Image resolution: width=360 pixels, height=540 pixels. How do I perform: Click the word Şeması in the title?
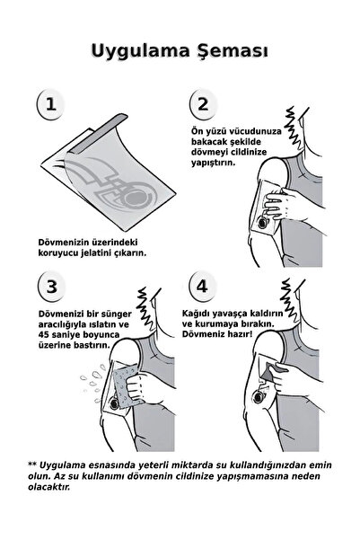tap(233, 48)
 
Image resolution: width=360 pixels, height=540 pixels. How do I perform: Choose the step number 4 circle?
tap(203, 288)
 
